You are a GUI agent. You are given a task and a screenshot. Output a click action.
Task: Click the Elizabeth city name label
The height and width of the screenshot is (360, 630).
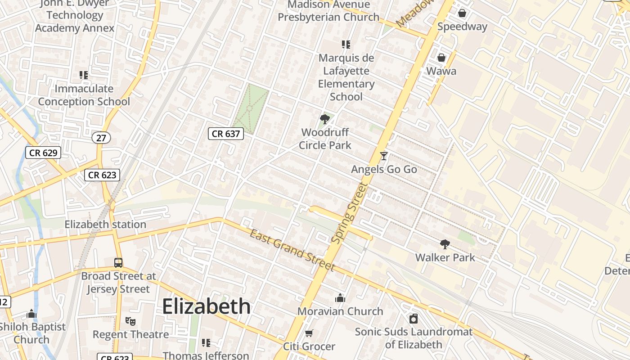coord(206,306)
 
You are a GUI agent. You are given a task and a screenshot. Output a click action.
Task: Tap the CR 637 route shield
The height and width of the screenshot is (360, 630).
coord(226,133)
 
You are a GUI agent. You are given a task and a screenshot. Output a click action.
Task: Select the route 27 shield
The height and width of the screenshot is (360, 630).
coord(101,138)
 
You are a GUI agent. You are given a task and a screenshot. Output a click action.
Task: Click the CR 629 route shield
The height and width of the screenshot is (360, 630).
coord(43,153)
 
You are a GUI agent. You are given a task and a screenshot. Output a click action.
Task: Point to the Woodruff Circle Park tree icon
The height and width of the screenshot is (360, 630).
coord(324,119)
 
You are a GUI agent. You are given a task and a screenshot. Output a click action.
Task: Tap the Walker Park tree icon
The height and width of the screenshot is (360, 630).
coord(445,244)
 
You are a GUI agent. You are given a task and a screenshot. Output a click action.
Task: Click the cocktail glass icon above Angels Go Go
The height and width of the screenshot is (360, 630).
coord(383,156)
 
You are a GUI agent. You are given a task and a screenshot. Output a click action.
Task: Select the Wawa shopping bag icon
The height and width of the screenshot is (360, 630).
coord(441,58)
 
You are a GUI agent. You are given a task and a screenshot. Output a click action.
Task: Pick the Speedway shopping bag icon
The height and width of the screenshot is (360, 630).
coord(462,13)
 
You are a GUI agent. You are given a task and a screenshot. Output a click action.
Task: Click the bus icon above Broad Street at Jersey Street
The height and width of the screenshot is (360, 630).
coord(118,262)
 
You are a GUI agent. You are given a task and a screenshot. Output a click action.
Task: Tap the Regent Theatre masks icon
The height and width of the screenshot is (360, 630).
coord(130,321)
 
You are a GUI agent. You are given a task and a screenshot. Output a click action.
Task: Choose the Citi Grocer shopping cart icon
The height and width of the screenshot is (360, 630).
coord(309,333)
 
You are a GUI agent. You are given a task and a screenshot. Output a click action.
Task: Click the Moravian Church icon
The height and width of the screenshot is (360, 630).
coord(340,298)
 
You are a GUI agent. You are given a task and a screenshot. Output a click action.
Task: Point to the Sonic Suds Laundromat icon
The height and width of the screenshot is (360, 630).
coord(414,319)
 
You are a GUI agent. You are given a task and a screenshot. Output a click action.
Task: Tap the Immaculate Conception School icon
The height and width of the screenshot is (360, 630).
coord(84,75)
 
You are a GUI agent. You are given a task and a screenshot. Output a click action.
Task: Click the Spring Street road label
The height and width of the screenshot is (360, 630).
coord(349,213)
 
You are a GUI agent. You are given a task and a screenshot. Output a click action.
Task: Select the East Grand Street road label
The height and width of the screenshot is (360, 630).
coord(292,250)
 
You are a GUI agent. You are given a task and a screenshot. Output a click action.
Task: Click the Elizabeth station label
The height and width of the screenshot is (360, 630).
coord(105,224)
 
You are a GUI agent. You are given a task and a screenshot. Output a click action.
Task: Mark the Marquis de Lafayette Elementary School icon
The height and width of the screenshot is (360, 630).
coord(346,45)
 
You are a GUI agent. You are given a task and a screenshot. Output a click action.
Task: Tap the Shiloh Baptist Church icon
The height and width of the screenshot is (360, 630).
coord(31,313)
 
